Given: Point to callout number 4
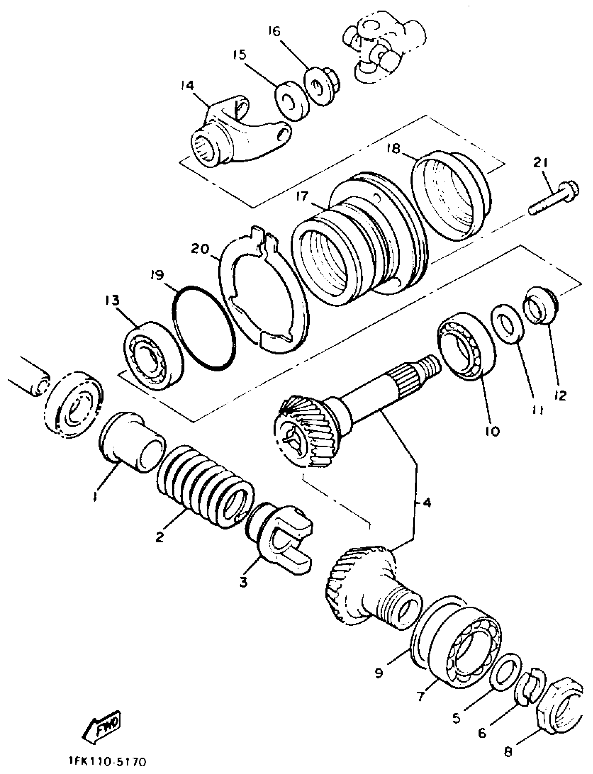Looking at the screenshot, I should click(426, 503).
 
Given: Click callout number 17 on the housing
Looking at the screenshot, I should click(303, 196).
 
